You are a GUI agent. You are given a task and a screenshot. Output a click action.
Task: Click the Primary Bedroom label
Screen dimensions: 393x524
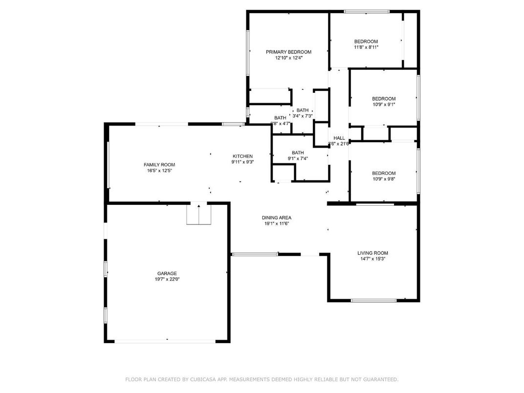(x=288, y=52)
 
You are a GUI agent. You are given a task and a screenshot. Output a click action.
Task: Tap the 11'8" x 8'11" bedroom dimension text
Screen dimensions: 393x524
(x=366, y=47)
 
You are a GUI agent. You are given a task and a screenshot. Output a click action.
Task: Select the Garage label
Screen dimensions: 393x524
(x=167, y=273)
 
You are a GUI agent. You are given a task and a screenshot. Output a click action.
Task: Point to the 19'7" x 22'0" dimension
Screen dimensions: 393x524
(x=167, y=279)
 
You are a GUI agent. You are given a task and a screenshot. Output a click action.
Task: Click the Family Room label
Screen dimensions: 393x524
(x=159, y=165)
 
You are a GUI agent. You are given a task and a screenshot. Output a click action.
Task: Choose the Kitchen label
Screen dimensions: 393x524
(x=242, y=156)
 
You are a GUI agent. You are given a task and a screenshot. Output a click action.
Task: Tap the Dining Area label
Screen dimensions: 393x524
(x=277, y=218)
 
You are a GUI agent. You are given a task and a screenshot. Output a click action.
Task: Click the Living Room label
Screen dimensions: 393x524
(x=372, y=253)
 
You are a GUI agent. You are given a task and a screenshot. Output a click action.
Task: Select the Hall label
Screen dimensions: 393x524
(x=339, y=138)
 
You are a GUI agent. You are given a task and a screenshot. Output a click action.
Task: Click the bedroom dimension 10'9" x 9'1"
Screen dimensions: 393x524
(x=384, y=105)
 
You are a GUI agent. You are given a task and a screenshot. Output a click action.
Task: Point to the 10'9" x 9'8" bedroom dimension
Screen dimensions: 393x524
(x=384, y=179)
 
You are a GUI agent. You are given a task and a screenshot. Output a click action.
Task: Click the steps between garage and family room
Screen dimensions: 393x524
(x=199, y=215)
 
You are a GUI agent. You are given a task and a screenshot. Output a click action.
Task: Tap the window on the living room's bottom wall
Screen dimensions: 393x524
(x=373, y=300)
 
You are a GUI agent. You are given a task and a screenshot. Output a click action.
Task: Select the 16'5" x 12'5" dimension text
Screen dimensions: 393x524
(x=159, y=171)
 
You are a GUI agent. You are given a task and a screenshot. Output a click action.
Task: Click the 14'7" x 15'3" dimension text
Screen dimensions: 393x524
(x=372, y=259)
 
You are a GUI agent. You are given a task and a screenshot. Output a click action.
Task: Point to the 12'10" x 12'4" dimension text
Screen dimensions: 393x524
(x=288, y=58)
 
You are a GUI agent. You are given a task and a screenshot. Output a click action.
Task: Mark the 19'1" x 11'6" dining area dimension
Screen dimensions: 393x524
(x=277, y=223)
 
